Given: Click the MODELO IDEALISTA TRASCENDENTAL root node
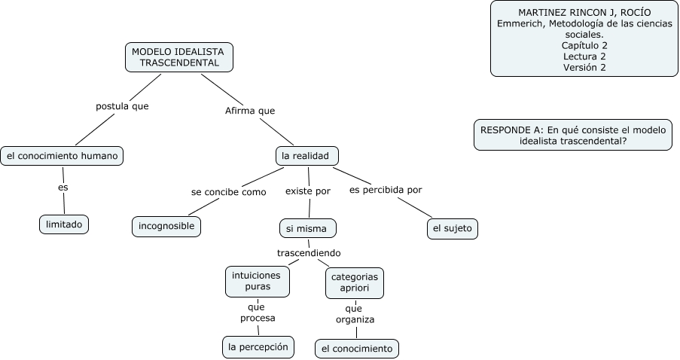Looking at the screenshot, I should tap(179, 57).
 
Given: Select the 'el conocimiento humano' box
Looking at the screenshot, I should tap(62, 156).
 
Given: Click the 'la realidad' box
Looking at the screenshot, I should tap(306, 156).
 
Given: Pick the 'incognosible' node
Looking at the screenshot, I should tap(166, 226).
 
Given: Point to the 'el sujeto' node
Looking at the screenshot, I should tap(452, 228).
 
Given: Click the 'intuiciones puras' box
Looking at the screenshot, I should tap(257, 282).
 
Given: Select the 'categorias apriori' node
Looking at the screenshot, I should tap(354, 282).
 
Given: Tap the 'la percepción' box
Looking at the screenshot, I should tap(258, 346).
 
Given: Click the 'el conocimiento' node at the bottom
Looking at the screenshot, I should tap(356, 349).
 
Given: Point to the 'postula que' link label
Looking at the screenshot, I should tap(122, 106).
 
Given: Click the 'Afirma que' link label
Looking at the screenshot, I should tap(250, 111).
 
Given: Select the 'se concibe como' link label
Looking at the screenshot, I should tap(229, 192).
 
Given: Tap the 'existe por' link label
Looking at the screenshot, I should tap(307, 191).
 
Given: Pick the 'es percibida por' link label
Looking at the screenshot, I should tap(386, 190).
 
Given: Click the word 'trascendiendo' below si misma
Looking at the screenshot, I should tap(309, 252).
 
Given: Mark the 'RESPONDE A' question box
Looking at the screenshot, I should tap(573, 135).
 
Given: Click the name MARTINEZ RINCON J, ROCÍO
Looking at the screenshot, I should tap(584, 13).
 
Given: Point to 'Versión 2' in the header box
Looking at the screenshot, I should tap(584, 67).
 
